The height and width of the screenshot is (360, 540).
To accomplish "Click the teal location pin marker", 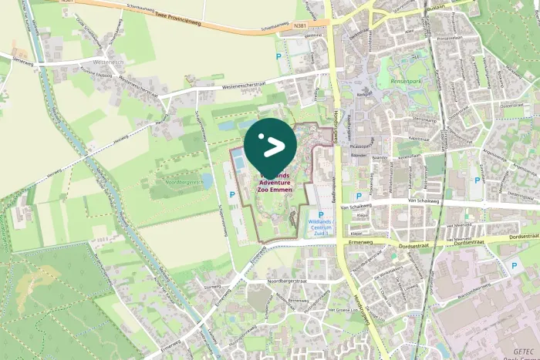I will click(x=270, y=144).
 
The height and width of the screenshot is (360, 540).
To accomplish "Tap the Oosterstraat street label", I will click(x=512, y=106).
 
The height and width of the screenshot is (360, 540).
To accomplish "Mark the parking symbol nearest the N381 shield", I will click(x=278, y=56).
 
